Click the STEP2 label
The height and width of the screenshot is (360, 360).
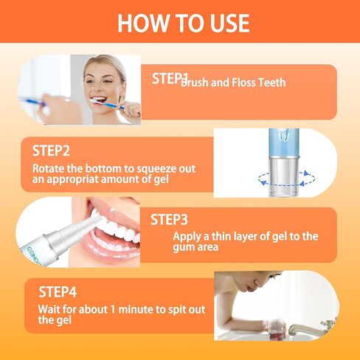pyautogui.click(x=51, y=150)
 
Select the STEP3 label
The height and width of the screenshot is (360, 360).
pyautogui.click(x=169, y=220)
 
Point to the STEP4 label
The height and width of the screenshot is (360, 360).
pyautogui.click(x=58, y=292)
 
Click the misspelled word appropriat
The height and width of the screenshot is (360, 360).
pyautogui.click(x=72, y=180)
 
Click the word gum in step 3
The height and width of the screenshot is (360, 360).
pyautogui.click(x=182, y=247)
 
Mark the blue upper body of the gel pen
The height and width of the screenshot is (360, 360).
pyautogui.click(x=284, y=142)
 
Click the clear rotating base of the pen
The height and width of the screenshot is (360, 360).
pyautogui.click(x=284, y=176)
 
